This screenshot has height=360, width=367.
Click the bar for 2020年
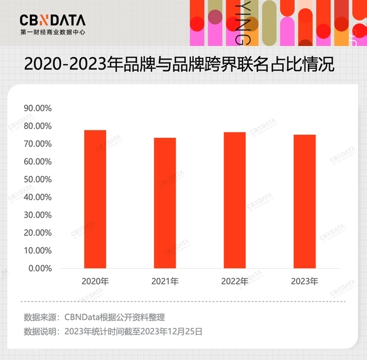point(95,199)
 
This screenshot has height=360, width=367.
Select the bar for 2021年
point(165,203)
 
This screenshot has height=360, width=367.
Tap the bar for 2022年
point(235,200)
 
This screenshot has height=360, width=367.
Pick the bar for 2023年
point(304,201)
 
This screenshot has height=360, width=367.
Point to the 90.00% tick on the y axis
point(38,108)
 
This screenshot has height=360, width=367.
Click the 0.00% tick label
point(40,268)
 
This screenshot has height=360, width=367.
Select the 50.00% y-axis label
point(38,179)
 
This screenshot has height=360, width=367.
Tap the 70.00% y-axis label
point(38,144)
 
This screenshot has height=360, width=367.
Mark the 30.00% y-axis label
point(38,215)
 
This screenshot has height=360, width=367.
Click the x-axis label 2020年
point(95,281)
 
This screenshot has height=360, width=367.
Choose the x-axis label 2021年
point(165,281)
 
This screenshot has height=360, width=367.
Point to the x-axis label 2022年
point(235,281)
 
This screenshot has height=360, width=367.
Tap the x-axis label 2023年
point(304,281)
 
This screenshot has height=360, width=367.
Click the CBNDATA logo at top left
point(52,21)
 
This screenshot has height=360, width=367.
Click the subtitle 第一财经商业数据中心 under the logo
point(52,33)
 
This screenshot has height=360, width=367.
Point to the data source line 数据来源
point(94,316)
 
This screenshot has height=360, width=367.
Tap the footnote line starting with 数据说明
point(113,331)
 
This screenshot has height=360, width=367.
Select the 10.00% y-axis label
point(38,250)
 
